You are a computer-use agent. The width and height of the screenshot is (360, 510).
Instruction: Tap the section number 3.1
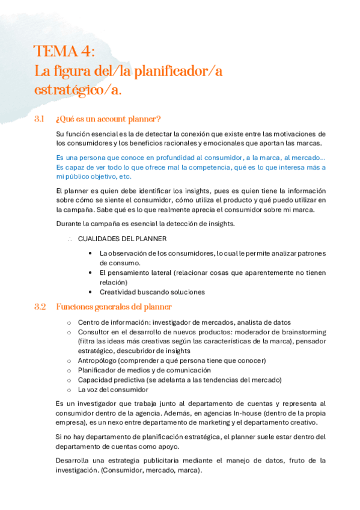click(x=40, y=118)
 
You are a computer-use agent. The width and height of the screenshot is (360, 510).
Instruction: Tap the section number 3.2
click(x=40, y=307)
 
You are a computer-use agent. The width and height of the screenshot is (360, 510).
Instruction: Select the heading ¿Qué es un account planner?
click(x=108, y=118)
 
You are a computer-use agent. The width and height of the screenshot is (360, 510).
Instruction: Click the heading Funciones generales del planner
click(x=114, y=307)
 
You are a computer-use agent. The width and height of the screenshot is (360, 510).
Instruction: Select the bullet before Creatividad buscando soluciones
click(x=90, y=292)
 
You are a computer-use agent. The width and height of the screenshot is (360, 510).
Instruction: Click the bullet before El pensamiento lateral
click(x=90, y=272)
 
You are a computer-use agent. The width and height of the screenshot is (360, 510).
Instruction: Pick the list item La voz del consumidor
click(x=113, y=389)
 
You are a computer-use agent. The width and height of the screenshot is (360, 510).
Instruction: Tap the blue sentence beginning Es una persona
click(x=189, y=158)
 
